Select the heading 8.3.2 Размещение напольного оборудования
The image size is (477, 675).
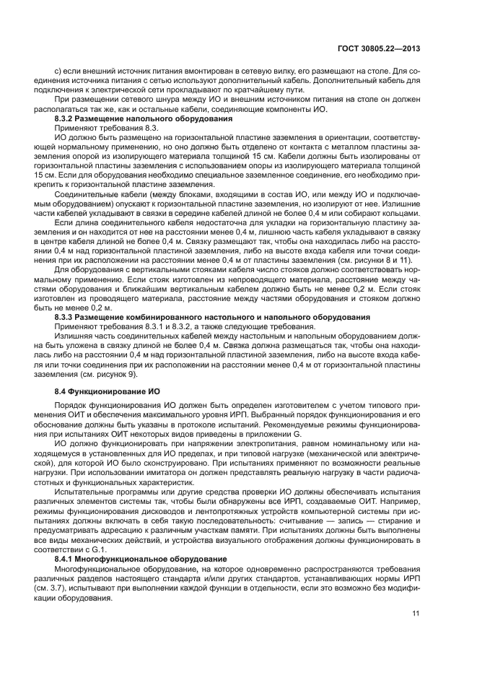[144, 118]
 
